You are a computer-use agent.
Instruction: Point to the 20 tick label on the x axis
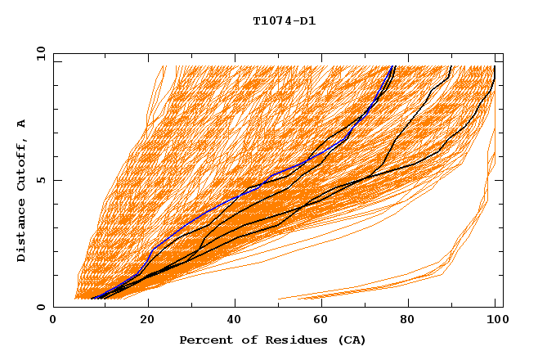coord(142,322)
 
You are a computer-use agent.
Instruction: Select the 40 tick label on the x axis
coord(231,322)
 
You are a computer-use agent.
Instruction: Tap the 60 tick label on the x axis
coord(319,322)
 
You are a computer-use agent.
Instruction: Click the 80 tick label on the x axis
coord(407,322)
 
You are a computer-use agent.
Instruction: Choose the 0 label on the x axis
coord(54,322)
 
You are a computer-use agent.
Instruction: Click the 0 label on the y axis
coord(41,308)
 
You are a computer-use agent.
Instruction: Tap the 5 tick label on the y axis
coord(41,180)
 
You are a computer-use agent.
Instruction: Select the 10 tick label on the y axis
coord(39,52)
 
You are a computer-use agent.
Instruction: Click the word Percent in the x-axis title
coord(203,340)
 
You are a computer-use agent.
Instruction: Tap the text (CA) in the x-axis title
coord(353,340)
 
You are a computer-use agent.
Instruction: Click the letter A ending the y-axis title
coord(22,124)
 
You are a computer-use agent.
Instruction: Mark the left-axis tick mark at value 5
coord(56,180)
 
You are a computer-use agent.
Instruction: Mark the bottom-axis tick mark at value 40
coord(231,304)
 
